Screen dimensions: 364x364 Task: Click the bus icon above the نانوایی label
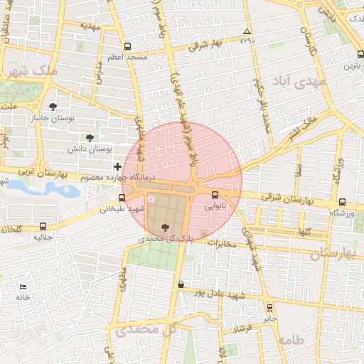click(215, 195)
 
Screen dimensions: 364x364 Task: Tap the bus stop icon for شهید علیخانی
click(122, 198)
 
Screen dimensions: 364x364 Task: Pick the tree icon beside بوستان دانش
click(89, 138)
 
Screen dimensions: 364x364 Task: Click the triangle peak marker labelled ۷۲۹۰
click(247, 32)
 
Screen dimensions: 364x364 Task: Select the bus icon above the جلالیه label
click(44, 225)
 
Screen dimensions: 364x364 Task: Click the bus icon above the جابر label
click(269, 307)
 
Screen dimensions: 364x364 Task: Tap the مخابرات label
click(226, 243)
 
